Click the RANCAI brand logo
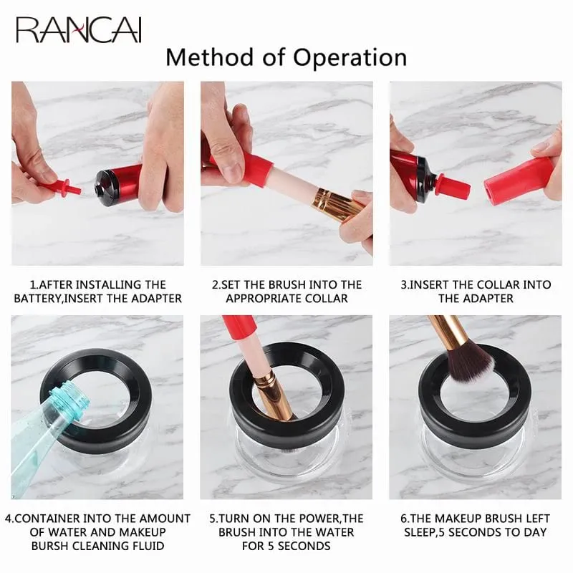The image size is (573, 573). pos(79,29)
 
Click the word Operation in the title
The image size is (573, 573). pos(350,58)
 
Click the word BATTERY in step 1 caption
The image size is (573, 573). pos(37,299)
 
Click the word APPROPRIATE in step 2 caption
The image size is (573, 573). pos(262,299)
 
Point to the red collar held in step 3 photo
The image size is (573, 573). pos(518,180)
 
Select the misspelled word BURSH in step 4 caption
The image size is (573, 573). pos(50,546)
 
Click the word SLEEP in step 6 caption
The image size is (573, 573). pos(420,532)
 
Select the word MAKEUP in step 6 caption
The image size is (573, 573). pos(458,519)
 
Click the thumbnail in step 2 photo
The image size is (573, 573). pos(231,170)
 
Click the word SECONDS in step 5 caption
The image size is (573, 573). pos(304,546)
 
